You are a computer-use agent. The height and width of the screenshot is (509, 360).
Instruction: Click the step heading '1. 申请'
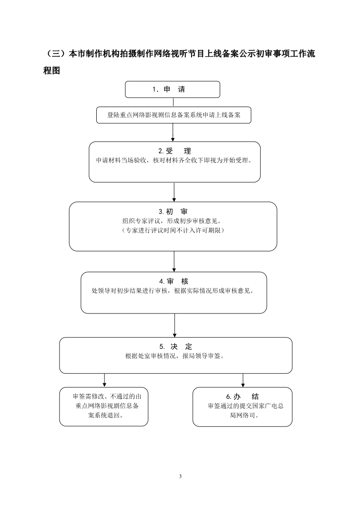click(168, 89)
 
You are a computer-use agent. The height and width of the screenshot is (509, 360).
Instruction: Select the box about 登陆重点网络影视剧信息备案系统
click(174, 115)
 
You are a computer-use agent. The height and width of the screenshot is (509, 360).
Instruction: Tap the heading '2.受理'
click(174, 151)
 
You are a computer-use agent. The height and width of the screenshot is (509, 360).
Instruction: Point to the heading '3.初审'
click(173, 212)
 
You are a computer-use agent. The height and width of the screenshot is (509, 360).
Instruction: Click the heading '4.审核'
click(174, 281)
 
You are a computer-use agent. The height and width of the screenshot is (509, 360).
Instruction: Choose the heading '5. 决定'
click(176, 347)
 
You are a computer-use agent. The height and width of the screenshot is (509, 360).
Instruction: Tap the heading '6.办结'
click(242, 396)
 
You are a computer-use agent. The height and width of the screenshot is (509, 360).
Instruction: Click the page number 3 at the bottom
click(180, 476)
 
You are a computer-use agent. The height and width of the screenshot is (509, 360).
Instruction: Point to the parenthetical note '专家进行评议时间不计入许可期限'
click(173, 230)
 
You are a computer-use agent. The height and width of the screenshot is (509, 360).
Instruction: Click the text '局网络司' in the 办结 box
click(242, 415)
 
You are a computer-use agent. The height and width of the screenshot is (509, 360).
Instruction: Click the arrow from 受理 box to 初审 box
click(174, 192)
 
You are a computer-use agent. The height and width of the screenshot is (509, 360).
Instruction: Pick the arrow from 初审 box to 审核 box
click(174, 262)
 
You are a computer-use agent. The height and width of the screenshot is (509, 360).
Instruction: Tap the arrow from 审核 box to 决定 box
click(174, 326)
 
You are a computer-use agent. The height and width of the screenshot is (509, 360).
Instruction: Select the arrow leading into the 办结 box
click(243, 381)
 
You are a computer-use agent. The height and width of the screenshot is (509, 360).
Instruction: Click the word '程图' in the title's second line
click(52, 70)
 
